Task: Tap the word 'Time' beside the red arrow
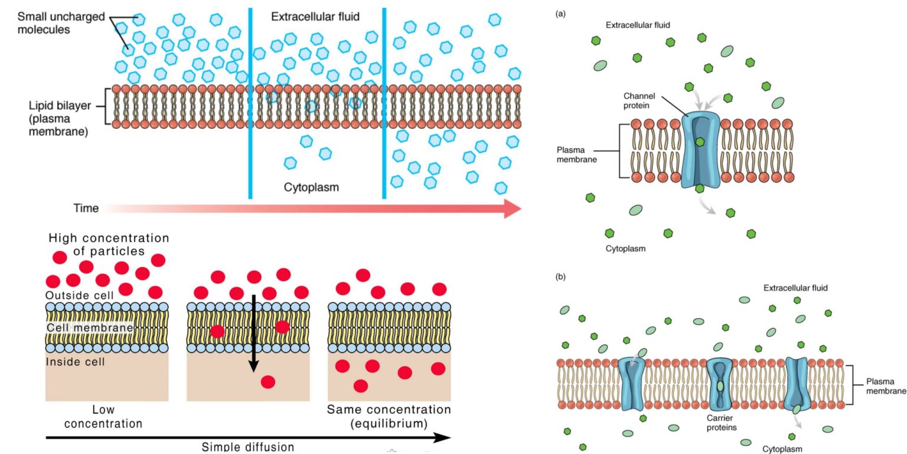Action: tap(86, 208)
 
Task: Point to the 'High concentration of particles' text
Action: tap(109, 244)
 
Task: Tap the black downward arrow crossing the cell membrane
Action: tap(253, 331)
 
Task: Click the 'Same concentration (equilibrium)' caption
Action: tap(389, 416)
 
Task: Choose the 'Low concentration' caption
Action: tap(103, 416)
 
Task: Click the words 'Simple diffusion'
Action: tap(247, 446)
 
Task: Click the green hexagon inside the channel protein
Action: tap(700, 142)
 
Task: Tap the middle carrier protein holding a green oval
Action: tap(719, 384)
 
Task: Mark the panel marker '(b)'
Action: tap(561, 276)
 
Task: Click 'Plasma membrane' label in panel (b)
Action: tap(885, 385)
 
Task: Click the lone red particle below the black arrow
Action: tap(268, 382)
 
